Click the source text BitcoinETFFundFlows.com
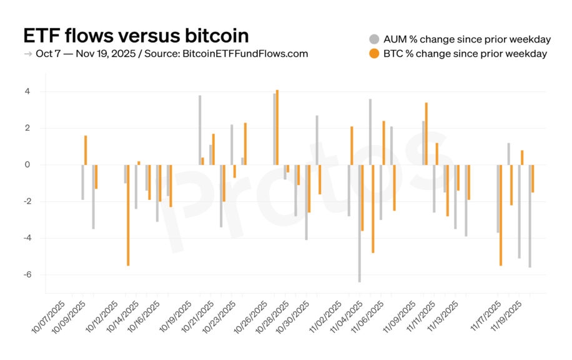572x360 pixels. pyautogui.click(x=245, y=54)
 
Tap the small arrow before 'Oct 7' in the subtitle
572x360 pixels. pyautogui.click(x=28, y=54)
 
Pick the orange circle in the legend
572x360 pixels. pyautogui.click(x=375, y=54)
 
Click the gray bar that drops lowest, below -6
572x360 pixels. pyautogui.click(x=360, y=223)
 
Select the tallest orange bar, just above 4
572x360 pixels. pyautogui.click(x=277, y=127)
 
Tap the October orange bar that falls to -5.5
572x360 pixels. pyautogui.click(x=128, y=215)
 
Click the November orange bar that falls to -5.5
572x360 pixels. pyautogui.click(x=501, y=215)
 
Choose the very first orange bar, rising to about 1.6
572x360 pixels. pyautogui.click(x=86, y=150)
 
